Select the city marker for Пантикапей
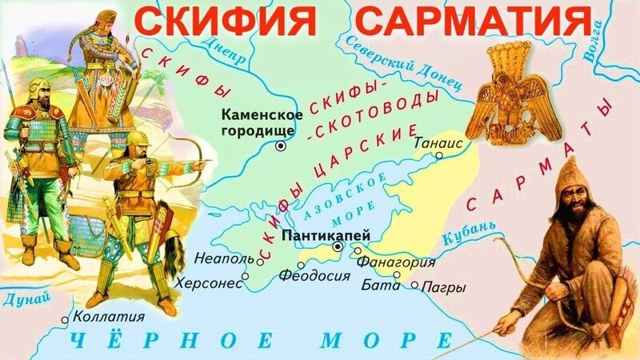pos(338,248)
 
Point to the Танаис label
pos(437,143)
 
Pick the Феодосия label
pos(314,276)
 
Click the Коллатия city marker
pos(66,319)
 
